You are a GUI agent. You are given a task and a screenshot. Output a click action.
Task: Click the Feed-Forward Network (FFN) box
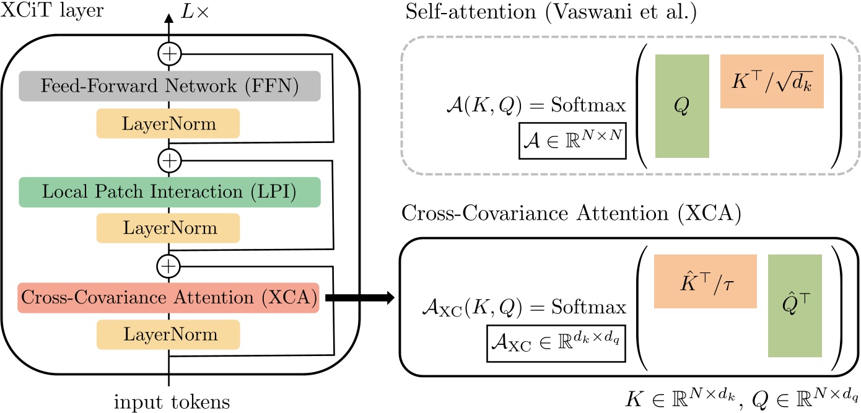coord(169,86)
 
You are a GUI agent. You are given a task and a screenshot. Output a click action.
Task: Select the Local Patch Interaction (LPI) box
coord(169,192)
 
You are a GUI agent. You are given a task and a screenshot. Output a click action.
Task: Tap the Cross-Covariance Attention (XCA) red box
coord(169,298)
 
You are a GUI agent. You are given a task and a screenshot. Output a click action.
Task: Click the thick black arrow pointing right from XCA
coord(359,298)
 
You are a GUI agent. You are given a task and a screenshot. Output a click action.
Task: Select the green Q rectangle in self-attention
coord(682,106)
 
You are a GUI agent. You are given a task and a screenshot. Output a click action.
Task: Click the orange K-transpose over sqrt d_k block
coord(771,82)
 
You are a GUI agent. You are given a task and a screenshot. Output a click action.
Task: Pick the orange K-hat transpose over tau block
coord(706,281)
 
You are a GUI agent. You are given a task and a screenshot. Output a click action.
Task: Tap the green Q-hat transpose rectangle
coord(794,306)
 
